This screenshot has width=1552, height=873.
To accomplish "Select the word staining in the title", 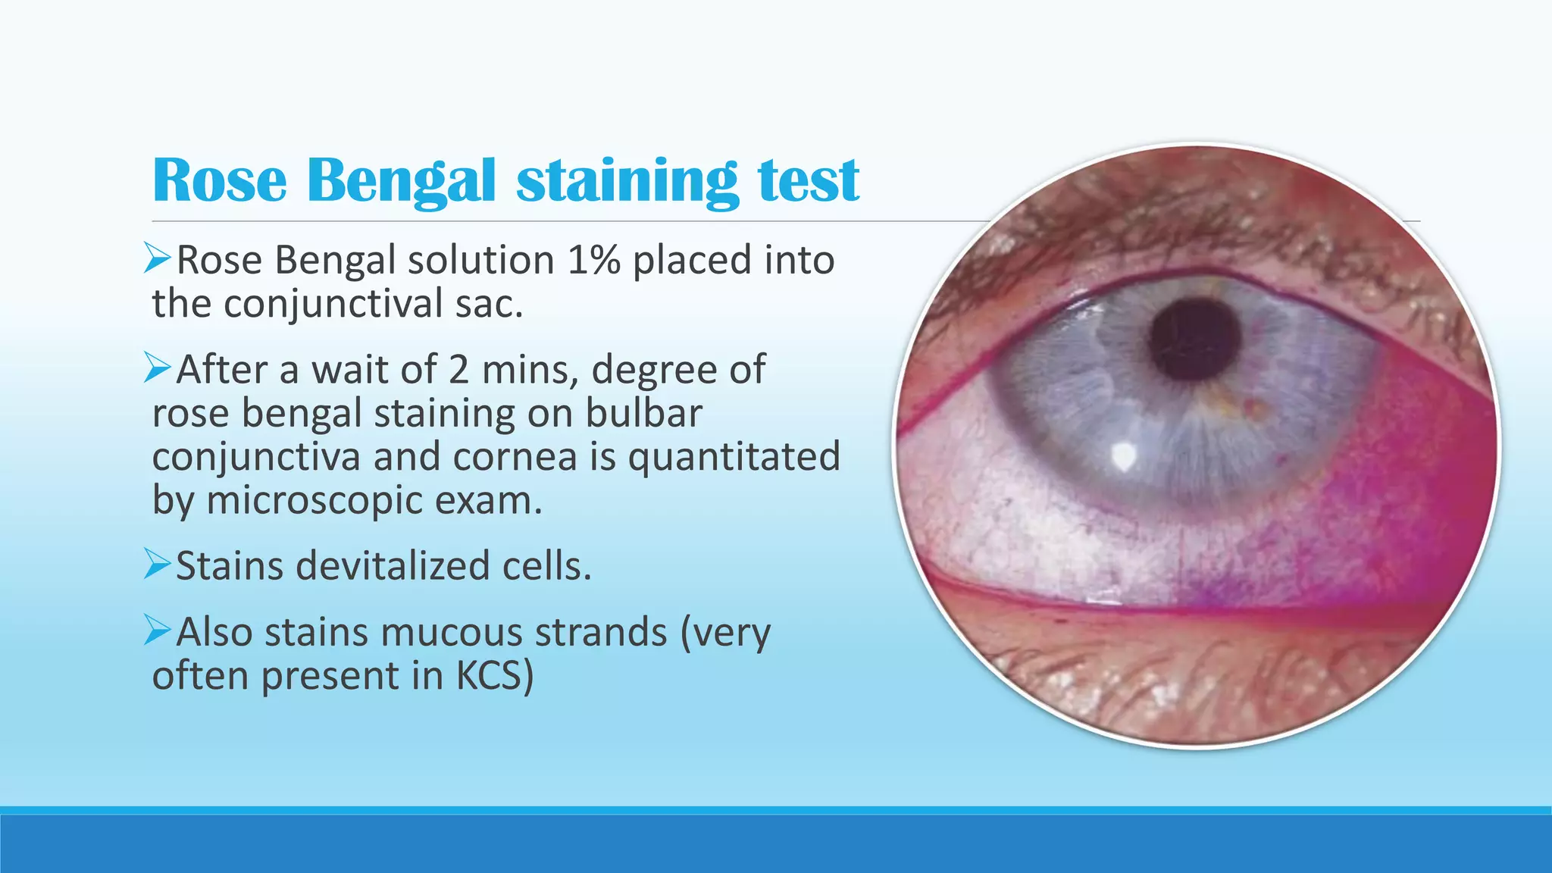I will tap(627, 182).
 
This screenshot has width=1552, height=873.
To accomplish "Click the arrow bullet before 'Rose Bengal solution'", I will tap(158, 258).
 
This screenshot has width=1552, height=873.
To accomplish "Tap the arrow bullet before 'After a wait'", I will tap(158, 368).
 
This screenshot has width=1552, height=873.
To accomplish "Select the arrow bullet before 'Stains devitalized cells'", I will tap(158, 565).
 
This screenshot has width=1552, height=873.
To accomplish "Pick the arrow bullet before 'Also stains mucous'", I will tap(158, 630).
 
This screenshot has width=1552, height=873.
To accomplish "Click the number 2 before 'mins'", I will tap(458, 370).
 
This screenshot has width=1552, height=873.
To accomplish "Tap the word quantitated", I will tap(734, 457).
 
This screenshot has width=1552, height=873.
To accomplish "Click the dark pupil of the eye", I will tap(1194, 339).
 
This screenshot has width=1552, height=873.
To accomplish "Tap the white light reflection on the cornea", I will tap(1122, 455).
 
